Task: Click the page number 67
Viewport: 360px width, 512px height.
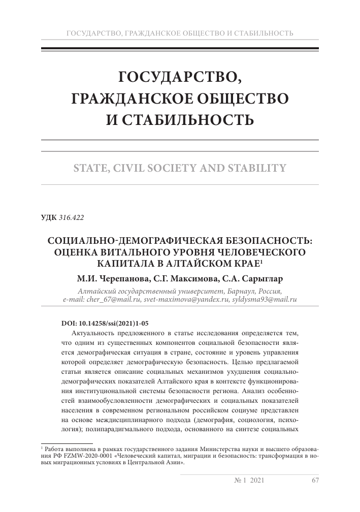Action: (x=314, y=481)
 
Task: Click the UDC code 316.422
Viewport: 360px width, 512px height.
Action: (x=71, y=218)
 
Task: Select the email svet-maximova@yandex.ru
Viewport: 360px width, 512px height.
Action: (x=175, y=300)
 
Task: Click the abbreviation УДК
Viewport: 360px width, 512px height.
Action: (x=49, y=218)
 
